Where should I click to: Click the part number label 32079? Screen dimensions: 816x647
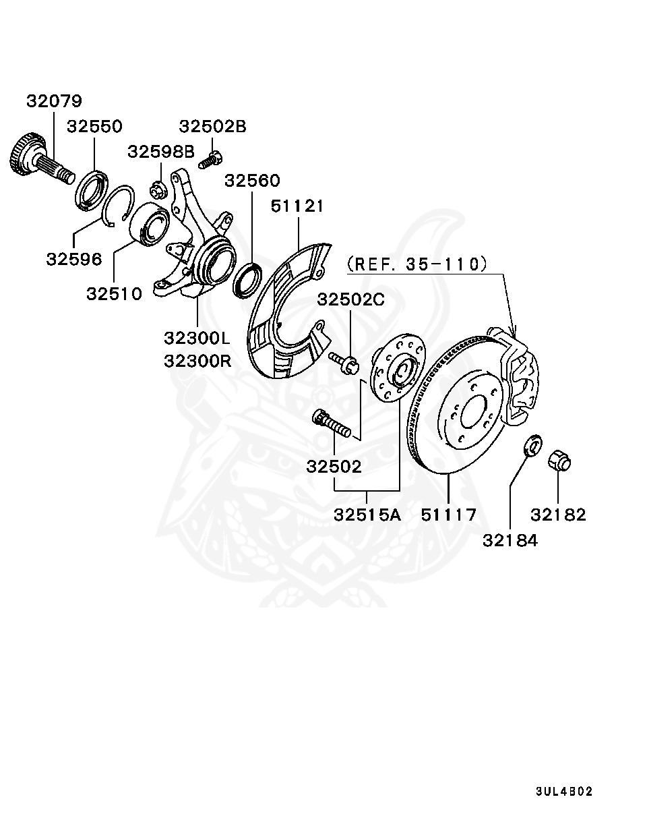pyautogui.click(x=54, y=101)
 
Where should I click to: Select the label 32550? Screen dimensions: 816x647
pyautogui.click(x=94, y=127)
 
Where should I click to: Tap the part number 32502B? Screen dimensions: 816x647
pyautogui.click(x=212, y=126)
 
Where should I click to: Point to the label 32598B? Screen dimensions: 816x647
pyautogui.click(x=161, y=152)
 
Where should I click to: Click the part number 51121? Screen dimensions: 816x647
pyautogui.click(x=297, y=206)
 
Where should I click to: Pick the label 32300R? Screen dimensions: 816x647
pyautogui.click(x=197, y=360)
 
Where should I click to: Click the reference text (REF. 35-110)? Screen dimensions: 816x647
pyautogui.click(x=417, y=264)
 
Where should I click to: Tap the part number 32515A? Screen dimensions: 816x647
pyautogui.click(x=367, y=515)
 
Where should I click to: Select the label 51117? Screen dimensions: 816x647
pyautogui.click(x=449, y=515)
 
